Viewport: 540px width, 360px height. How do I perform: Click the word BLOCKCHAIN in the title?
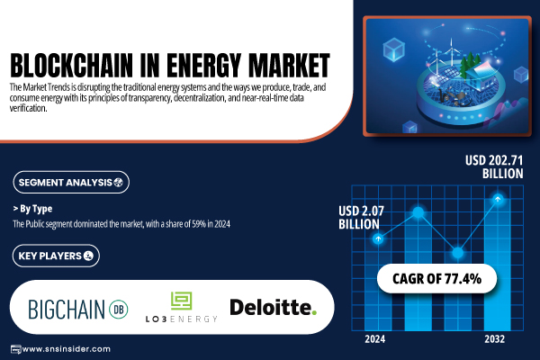(x=71, y=65)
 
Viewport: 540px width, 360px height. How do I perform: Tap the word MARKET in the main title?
(x=289, y=65)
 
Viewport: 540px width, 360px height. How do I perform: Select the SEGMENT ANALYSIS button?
(x=71, y=182)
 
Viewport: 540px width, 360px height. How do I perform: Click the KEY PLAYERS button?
(x=56, y=256)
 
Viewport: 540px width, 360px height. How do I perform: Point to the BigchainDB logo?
(x=78, y=309)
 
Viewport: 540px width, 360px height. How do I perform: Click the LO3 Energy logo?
(x=181, y=307)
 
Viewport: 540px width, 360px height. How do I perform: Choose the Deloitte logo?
(x=273, y=307)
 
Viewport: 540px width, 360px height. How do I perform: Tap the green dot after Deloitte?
(x=313, y=313)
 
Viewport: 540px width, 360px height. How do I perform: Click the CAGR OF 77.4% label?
(x=436, y=279)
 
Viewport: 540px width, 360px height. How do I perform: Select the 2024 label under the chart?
(x=375, y=339)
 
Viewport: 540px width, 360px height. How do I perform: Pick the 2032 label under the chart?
(x=494, y=339)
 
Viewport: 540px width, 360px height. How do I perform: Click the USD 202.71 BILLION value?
(x=494, y=166)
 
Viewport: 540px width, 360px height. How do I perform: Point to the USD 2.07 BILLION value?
(x=361, y=218)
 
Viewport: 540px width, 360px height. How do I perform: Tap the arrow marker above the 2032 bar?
(x=498, y=199)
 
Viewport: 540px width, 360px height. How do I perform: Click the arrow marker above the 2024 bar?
(x=378, y=238)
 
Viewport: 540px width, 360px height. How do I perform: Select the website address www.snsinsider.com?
(x=66, y=349)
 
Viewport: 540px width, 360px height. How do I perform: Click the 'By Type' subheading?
(x=32, y=209)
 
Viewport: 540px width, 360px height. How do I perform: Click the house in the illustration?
(x=480, y=76)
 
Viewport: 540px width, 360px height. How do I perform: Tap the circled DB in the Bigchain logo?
(x=119, y=310)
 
